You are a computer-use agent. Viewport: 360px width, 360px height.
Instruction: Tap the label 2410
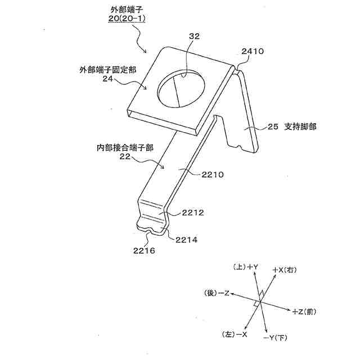[252, 51]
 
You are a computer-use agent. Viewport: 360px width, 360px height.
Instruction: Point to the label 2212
[192, 213]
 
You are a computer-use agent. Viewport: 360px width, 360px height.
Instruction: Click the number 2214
[186, 239]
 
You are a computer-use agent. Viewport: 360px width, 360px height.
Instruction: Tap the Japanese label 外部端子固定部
[107, 70]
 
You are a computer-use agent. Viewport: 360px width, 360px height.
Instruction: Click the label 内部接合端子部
[125, 149]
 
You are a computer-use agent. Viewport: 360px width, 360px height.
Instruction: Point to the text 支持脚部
[300, 127]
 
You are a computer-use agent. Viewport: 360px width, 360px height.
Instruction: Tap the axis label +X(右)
[284, 270]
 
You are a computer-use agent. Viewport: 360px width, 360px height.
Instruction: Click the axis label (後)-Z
[217, 293]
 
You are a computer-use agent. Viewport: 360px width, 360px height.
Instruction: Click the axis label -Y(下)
[275, 337]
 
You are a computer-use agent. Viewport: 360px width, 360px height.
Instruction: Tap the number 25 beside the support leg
[273, 127]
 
